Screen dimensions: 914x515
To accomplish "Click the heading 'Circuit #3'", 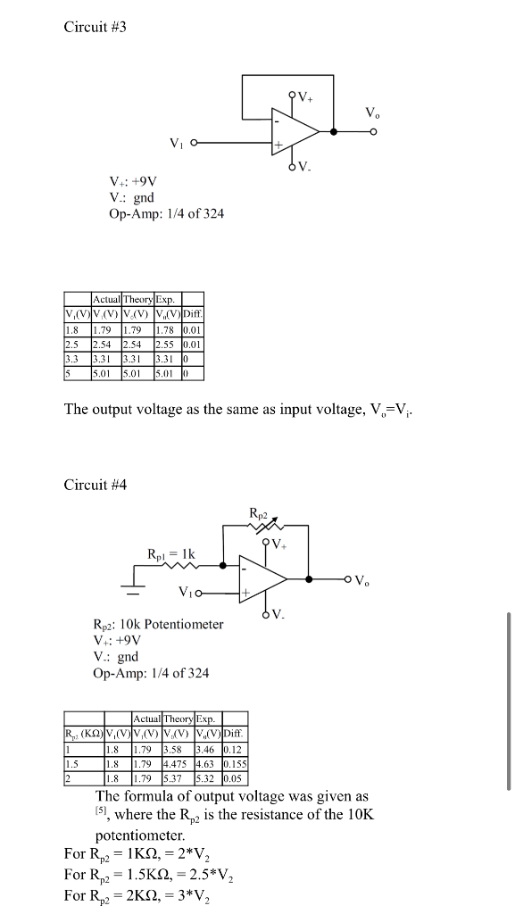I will point(96,28).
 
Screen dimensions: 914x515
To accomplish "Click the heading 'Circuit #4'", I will point(96,485).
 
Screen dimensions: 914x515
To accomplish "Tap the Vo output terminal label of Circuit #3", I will point(371,113).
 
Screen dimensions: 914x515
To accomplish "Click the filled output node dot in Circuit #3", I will point(334,131).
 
